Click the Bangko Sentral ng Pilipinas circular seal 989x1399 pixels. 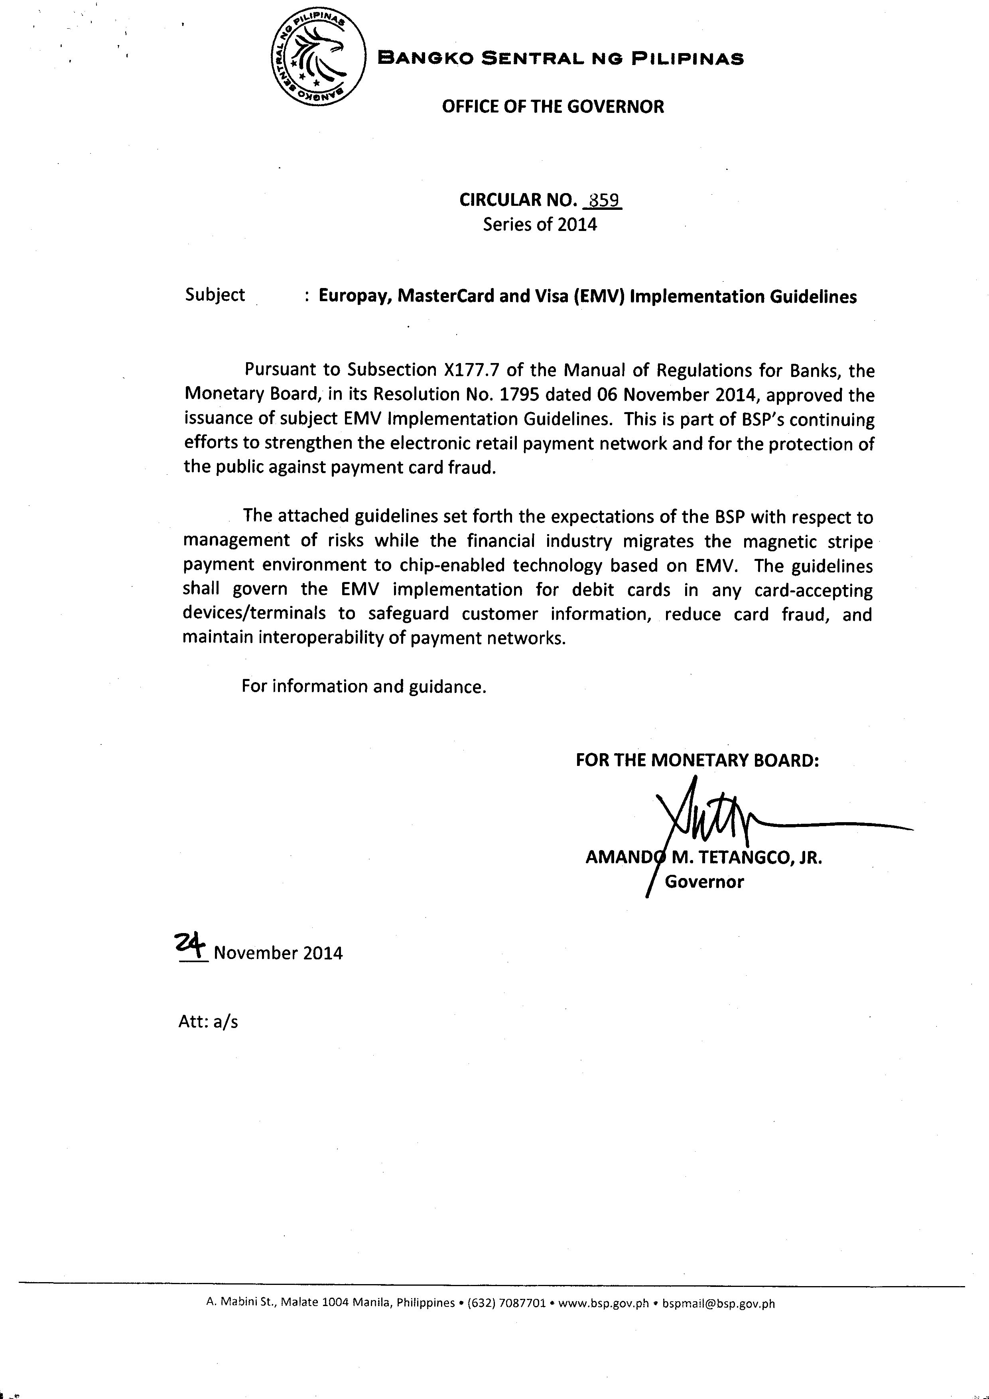318,59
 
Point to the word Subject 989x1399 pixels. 215,295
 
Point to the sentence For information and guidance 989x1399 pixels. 364,687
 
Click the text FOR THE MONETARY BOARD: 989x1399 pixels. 697,760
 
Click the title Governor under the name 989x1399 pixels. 704,882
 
